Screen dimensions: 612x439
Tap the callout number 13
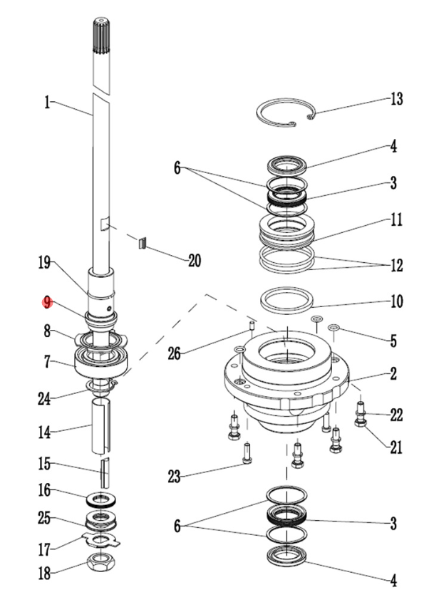click(396, 98)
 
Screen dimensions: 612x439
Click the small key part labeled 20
click(142, 244)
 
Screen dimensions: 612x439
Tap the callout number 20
click(193, 261)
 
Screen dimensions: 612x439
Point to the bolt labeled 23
click(247, 452)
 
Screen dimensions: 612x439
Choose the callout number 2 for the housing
click(393, 373)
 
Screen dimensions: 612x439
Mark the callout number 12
click(396, 266)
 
